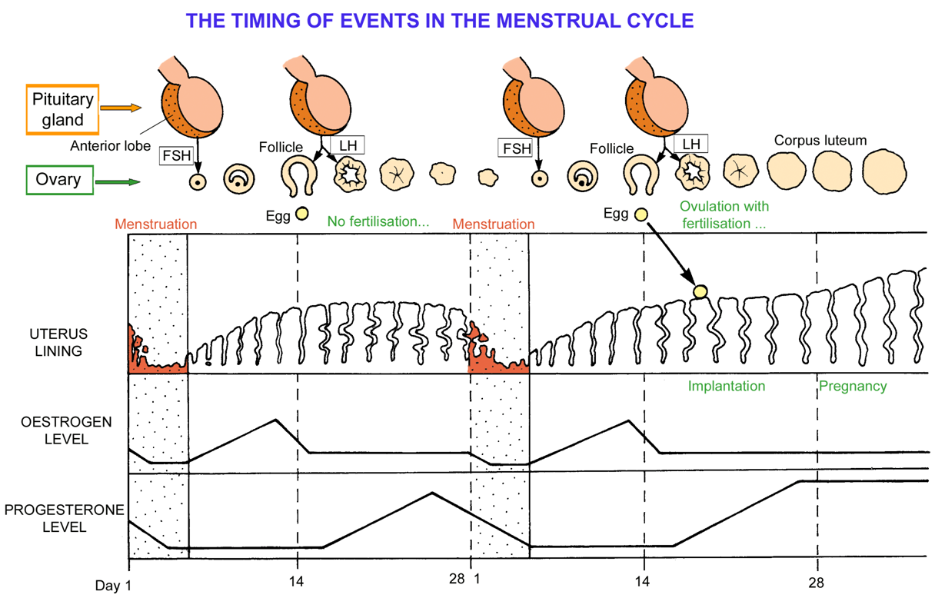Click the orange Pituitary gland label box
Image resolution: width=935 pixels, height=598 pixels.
[63, 109]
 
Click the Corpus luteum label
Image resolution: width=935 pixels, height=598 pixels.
[820, 141]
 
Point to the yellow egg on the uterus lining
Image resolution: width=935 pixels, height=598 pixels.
[700, 291]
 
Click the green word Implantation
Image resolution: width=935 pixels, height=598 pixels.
[727, 386]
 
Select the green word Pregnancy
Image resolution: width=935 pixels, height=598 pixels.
[853, 386]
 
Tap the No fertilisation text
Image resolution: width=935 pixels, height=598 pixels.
[378, 221]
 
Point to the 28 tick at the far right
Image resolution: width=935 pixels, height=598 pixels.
[817, 582]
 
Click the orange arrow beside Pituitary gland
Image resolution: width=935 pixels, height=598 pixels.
[121, 109]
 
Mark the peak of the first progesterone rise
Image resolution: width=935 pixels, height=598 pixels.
[432, 493]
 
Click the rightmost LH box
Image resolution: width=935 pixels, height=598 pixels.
[690, 144]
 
